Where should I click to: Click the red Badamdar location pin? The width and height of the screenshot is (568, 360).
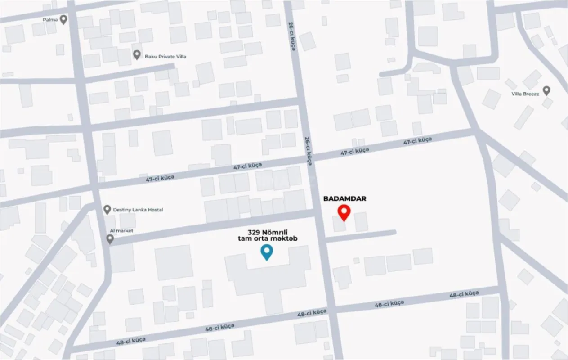click(x=344, y=212)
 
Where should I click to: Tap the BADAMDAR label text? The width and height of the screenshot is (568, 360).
click(x=345, y=198)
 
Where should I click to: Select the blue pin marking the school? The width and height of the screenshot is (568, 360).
click(x=267, y=252)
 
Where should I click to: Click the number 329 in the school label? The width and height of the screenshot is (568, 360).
click(x=254, y=231)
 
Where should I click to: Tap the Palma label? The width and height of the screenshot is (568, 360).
click(x=50, y=20)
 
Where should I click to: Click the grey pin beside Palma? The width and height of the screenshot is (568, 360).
click(x=63, y=19)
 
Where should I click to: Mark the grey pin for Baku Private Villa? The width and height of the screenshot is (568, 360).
click(x=137, y=55)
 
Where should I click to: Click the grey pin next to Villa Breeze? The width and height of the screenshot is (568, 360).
click(x=547, y=90)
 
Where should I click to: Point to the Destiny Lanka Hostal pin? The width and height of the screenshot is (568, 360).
click(x=107, y=209)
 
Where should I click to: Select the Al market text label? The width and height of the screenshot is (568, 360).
click(x=121, y=231)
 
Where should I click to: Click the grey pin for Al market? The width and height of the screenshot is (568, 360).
click(x=110, y=239)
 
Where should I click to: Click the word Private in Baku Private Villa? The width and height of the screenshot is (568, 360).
click(x=163, y=57)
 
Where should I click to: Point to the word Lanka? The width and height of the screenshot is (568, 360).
click(x=139, y=210)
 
